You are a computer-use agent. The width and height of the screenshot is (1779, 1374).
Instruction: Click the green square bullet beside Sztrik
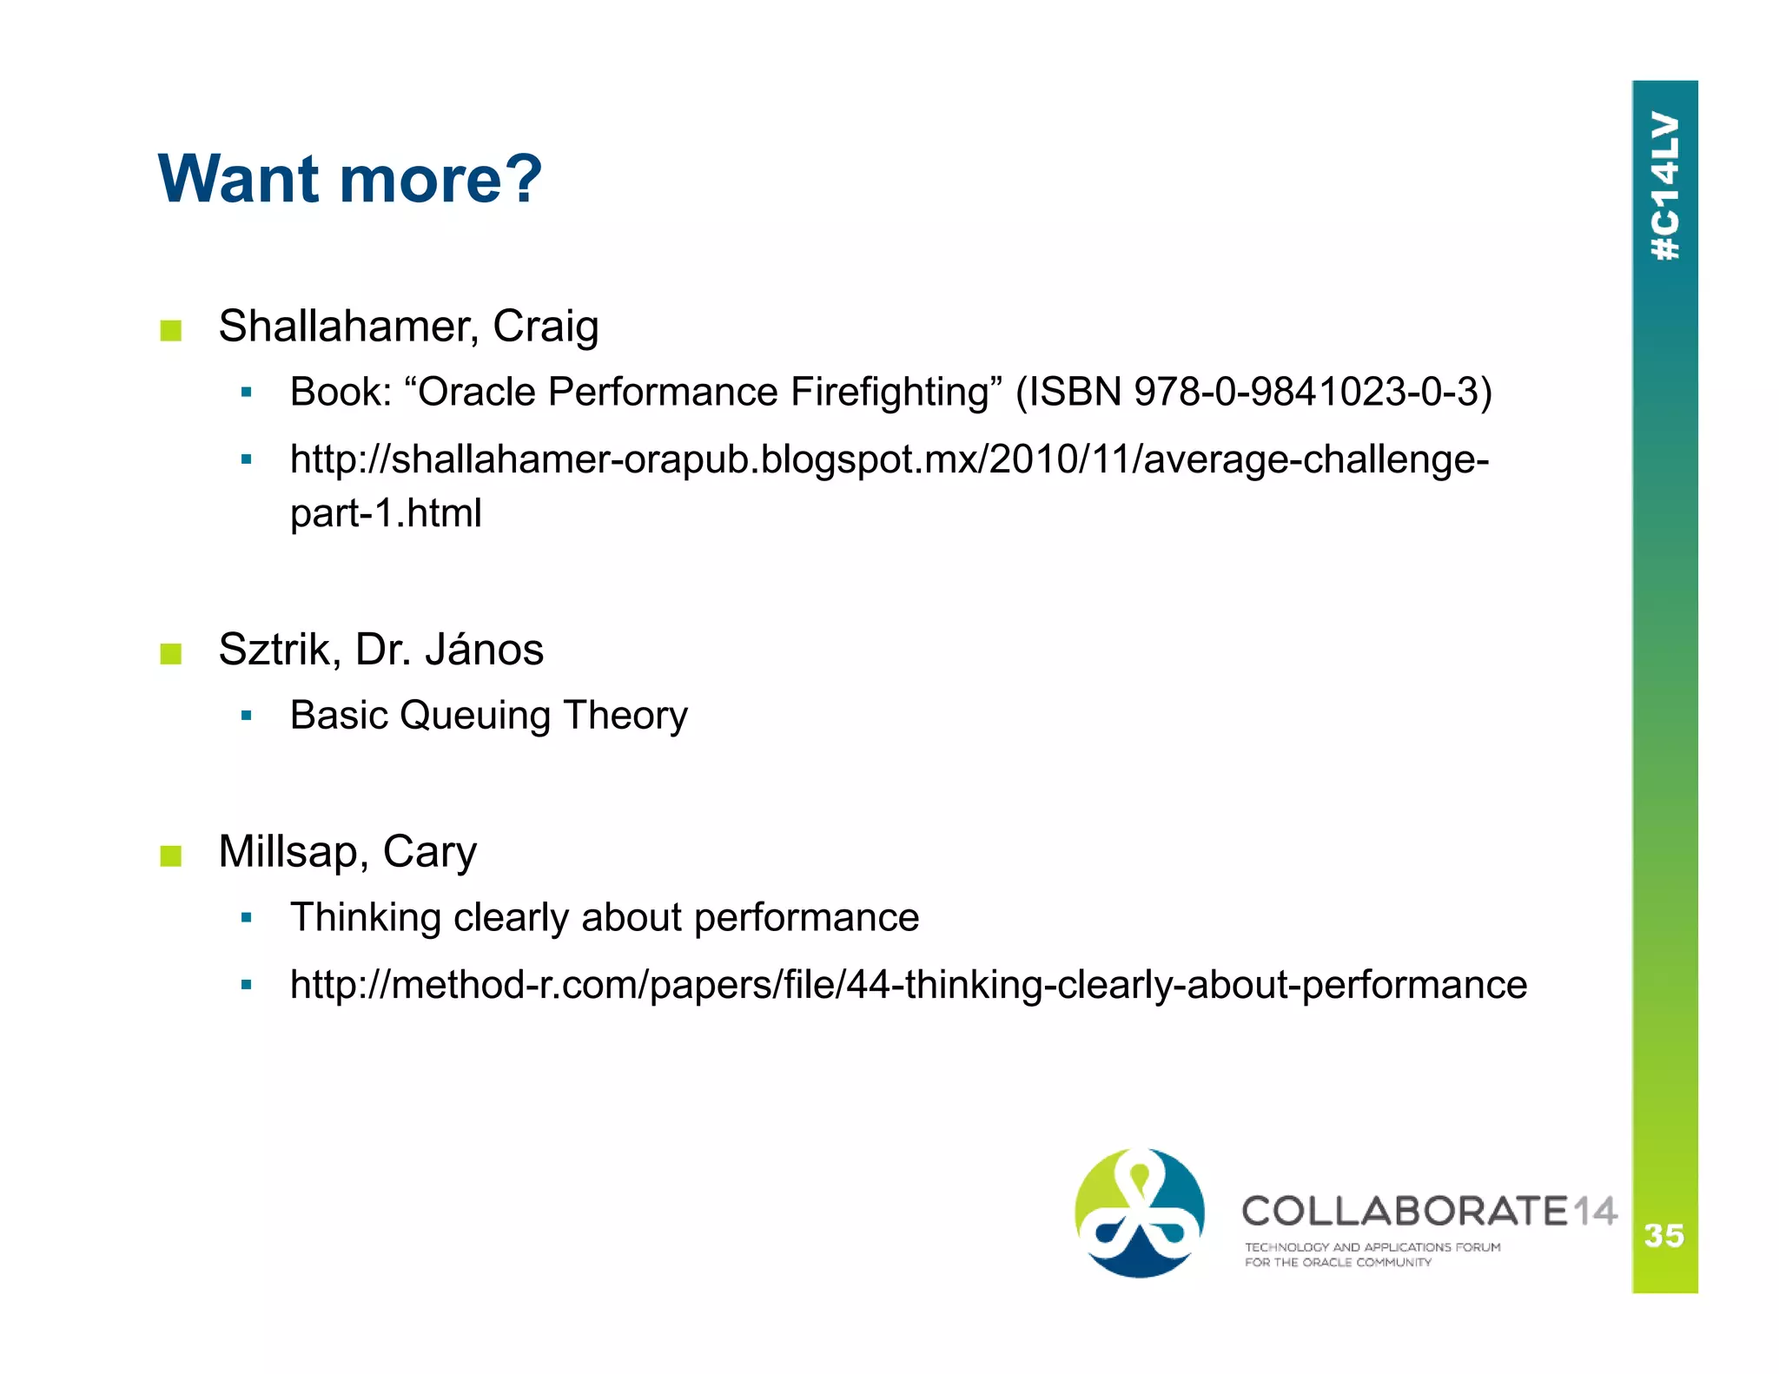pos(171,653)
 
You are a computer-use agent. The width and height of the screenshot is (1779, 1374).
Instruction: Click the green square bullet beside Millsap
pos(171,855)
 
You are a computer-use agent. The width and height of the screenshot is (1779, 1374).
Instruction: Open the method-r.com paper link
pos(908,985)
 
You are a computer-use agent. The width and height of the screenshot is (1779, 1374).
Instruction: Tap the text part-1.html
pos(386,513)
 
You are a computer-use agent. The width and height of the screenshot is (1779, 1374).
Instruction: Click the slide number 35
pos(1663,1235)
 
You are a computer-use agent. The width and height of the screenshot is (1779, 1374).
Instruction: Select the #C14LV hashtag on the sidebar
pos(1665,186)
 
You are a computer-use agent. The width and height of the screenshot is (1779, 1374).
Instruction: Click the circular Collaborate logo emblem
pos(1140,1213)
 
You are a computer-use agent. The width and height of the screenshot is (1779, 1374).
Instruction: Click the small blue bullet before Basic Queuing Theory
pos(247,717)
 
